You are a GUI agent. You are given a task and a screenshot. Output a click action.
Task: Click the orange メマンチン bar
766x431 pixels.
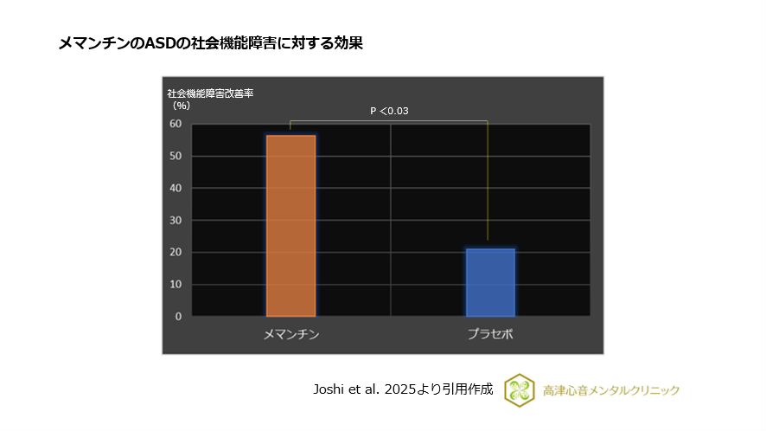(290, 226)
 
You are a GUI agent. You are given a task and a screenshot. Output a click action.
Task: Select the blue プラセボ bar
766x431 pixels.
(490, 282)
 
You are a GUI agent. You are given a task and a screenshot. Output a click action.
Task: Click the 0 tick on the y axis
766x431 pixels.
(178, 316)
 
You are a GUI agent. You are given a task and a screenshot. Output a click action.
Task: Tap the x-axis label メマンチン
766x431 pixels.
(290, 334)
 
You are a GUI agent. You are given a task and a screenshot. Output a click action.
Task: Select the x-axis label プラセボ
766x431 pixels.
(490, 334)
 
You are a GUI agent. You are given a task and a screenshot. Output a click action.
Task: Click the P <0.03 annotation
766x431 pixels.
(389, 111)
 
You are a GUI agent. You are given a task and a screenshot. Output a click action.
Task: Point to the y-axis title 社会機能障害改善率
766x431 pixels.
(209, 93)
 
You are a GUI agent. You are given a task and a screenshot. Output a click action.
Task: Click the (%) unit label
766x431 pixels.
(181, 105)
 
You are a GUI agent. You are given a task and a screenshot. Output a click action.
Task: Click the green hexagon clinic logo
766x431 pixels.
(519, 389)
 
